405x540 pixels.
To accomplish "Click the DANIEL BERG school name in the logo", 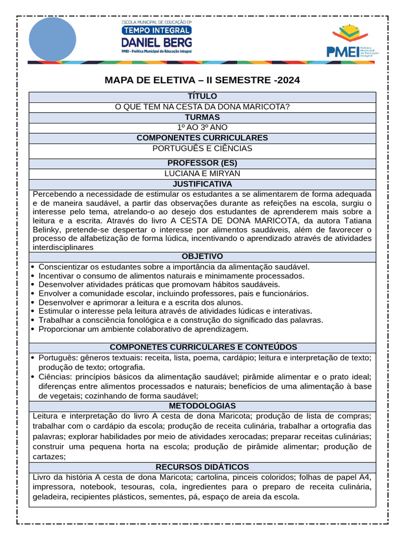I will coord(157,42).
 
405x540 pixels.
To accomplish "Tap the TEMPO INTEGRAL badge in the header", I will coord(157,31).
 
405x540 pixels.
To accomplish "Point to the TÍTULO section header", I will coord(202,97).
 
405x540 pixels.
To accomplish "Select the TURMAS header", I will coord(202,117).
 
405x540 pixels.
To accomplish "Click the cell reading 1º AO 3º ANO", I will coord(202,128).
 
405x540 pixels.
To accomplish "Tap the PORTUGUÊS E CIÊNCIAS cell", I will coord(202,148).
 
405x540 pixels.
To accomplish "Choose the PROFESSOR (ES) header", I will coord(202,163).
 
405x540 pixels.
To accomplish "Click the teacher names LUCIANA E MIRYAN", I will coord(202,173).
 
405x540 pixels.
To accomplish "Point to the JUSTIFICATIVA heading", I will coord(202,184).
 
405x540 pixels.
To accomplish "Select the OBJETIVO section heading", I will coord(202,256).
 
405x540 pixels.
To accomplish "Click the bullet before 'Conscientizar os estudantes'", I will coord(33,267).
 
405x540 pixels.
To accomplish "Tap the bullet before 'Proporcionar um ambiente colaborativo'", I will coord(33,330).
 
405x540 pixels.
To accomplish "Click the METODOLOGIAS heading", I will coord(202,406).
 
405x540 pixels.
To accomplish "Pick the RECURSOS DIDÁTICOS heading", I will coord(202,467).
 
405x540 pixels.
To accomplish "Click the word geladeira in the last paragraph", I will coord(51,497).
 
